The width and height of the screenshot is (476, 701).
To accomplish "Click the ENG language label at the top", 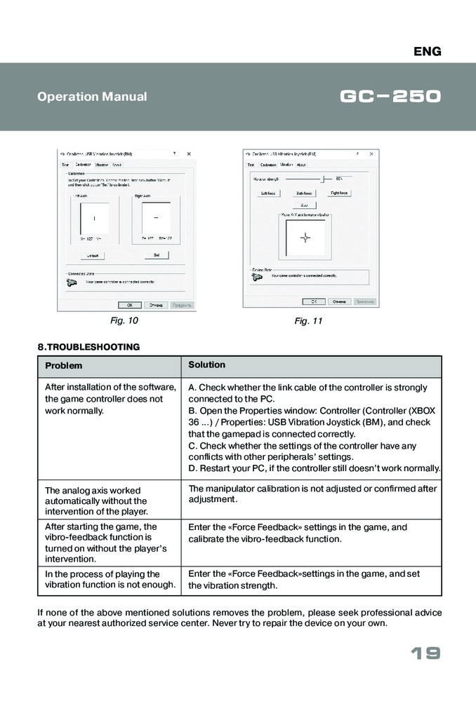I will pyautogui.click(x=427, y=51).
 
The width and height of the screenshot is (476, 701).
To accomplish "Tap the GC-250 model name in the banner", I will pyautogui.click(x=390, y=96).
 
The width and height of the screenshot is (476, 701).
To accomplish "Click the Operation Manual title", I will pyautogui.click(x=92, y=97).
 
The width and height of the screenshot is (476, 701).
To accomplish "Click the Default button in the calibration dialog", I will pyautogui.click(x=93, y=255).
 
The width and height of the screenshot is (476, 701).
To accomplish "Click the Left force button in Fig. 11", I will pyautogui.click(x=268, y=193).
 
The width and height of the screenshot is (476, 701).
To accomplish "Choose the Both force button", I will pyautogui.click(x=304, y=193).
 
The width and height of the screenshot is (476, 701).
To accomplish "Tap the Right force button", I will pyautogui.click(x=340, y=193).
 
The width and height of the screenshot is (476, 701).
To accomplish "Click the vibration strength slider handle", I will pyautogui.click(x=323, y=179).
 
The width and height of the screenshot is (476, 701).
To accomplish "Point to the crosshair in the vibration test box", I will pyautogui.click(x=305, y=237).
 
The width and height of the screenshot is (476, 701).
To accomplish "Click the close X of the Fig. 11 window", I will pyautogui.click(x=371, y=154).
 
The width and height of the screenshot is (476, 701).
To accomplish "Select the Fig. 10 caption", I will pyautogui.click(x=124, y=320).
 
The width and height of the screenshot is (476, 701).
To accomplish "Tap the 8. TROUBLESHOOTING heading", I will pyautogui.click(x=88, y=346).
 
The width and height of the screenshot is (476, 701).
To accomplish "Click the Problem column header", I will pyautogui.click(x=64, y=366).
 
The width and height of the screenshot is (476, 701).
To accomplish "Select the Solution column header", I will pyautogui.click(x=206, y=365).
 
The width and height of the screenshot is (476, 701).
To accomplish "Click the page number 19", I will pyautogui.click(x=425, y=654).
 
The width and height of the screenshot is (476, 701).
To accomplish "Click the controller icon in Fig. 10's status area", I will pyautogui.click(x=71, y=283).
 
